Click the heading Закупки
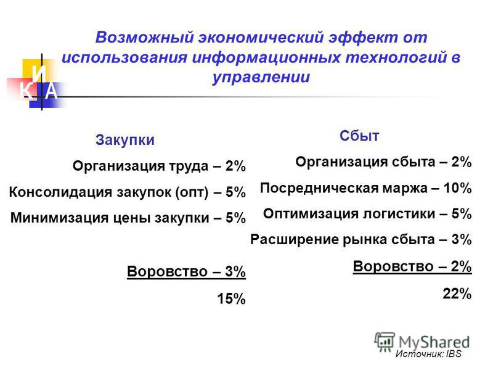[x=125, y=140]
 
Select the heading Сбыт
[x=359, y=136]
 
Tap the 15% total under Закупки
[x=231, y=298]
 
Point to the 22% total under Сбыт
[x=457, y=294]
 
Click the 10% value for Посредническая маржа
[x=457, y=188]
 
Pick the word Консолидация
[x=60, y=192]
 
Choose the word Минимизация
[x=59, y=218]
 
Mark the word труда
[x=189, y=166]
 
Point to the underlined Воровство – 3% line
[x=187, y=271]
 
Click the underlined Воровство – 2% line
[x=412, y=267]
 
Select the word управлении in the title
[x=261, y=77]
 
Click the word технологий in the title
[x=396, y=57]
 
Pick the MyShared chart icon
[x=385, y=342]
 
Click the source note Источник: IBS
[x=428, y=353]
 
